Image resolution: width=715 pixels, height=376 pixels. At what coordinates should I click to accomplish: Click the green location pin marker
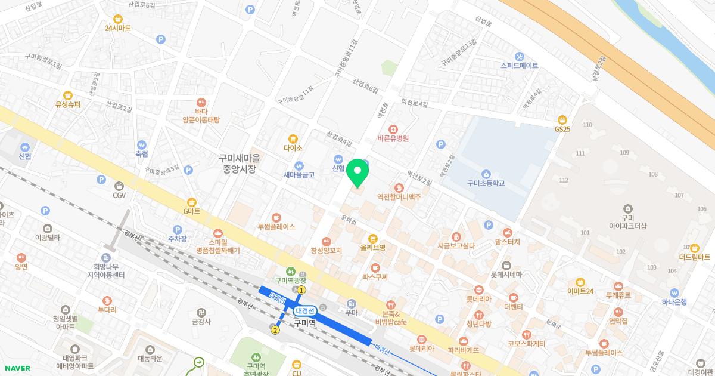tap(357, 173)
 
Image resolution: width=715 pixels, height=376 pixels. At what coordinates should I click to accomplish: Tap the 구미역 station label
tap(304, 323)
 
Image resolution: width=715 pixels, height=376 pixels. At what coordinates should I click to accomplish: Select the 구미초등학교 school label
tap(486, 183)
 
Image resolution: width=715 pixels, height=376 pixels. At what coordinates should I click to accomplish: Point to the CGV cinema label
tap(119, 195)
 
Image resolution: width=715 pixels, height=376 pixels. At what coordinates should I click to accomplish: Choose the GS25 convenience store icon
tap(562, 119)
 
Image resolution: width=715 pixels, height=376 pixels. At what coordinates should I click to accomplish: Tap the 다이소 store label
tap(293, 147)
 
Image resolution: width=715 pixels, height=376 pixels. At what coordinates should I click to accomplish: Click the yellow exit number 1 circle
tap(301, 290)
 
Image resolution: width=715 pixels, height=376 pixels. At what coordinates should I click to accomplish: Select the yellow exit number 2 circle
tap(275, 329)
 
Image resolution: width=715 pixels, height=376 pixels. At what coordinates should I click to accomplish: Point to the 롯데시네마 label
tap(506, 275)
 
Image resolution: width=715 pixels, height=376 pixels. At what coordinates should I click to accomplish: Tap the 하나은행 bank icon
tap(674, 293)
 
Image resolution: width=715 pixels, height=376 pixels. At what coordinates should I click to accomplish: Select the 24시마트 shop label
tap(117, 28)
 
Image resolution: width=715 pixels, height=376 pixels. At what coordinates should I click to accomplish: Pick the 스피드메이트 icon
tap(520, 56)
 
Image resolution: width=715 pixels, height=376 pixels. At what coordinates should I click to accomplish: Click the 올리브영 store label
tap(372, 247)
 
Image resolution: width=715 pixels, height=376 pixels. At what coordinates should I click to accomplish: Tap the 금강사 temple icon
tap(201, 312)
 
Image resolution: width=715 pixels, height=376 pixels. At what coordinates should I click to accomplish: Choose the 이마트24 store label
tap(580, 291)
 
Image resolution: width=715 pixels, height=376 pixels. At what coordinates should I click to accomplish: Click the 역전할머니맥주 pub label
tap(399, 196)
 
